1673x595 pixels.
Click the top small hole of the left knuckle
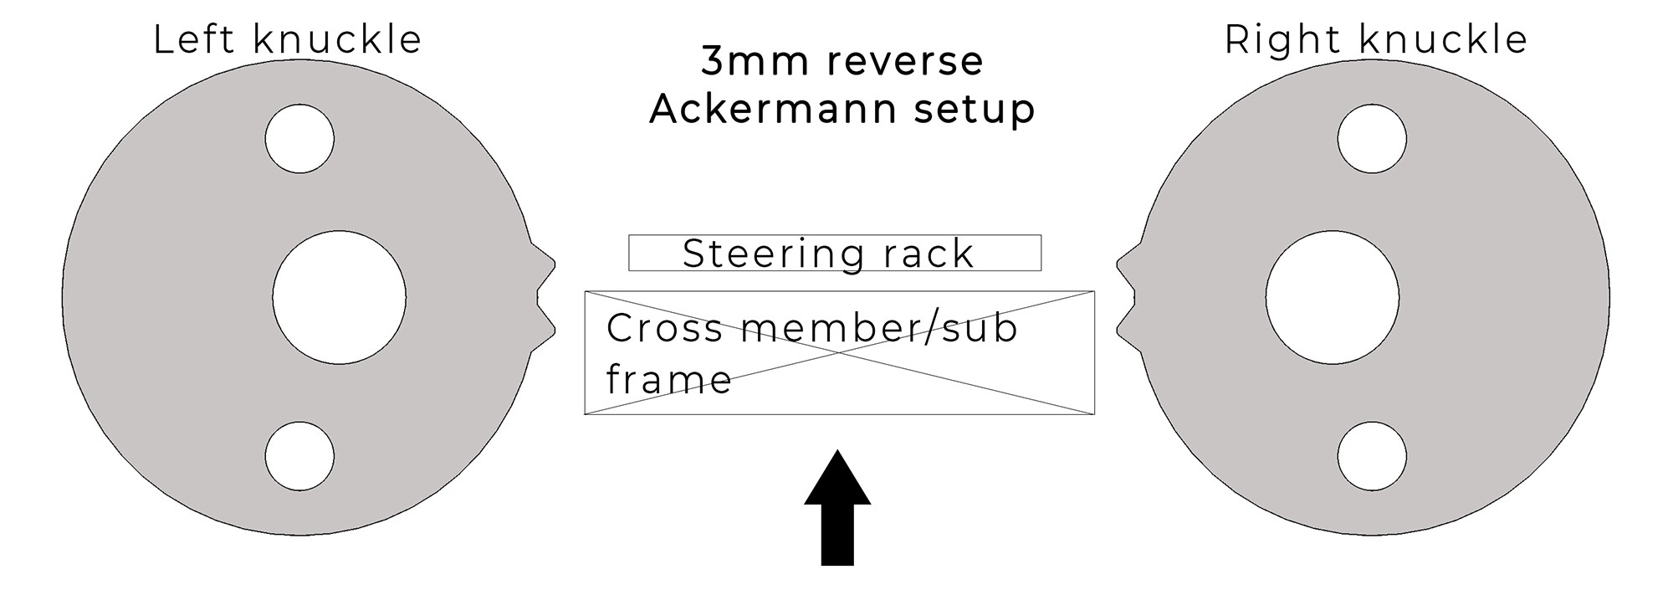point(299,139)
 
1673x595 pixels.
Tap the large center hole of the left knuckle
point(339,297)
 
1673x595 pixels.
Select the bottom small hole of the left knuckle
point(299,457)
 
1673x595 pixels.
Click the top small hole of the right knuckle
point(1372,139)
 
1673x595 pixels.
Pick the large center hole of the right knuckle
point(1332,297)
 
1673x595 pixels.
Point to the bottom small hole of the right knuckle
point(1372,457)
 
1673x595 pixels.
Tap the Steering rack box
point(835,253)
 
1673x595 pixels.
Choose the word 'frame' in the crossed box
point(668,381)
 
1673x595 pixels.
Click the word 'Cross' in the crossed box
point(664,328)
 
